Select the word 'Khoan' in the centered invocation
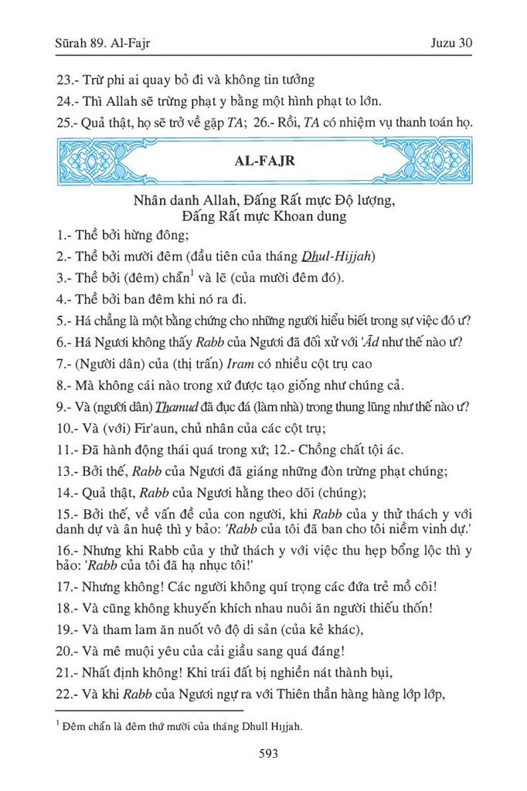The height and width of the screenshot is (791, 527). click(289, 216)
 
